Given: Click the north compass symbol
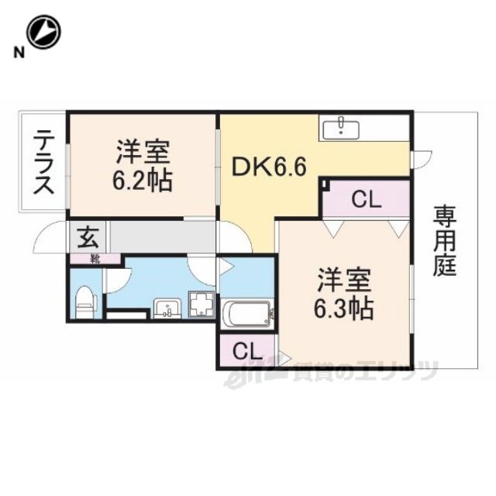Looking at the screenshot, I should pyautogui.click(x=43, y=32).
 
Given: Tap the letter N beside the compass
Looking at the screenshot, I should pyautogui.click(x=17, y=53).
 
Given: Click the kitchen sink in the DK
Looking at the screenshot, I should pyautogui.click(x=342, y=128).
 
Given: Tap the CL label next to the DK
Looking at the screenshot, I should pyautogui.click(x=365, y=201).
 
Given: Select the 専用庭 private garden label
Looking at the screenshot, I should pyautogui.click(x=445, y=240).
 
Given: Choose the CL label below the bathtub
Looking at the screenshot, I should pyautogui.click(x=246, y=350).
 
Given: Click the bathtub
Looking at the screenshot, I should pyautogui.click(x=245, y=316).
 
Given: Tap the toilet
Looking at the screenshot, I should pyautogui.click(x=85, y=301).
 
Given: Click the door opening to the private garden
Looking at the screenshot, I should pyautogui.click(x=421, y=157).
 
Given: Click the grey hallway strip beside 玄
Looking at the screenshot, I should pyautogui.click(x=163, y=236).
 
